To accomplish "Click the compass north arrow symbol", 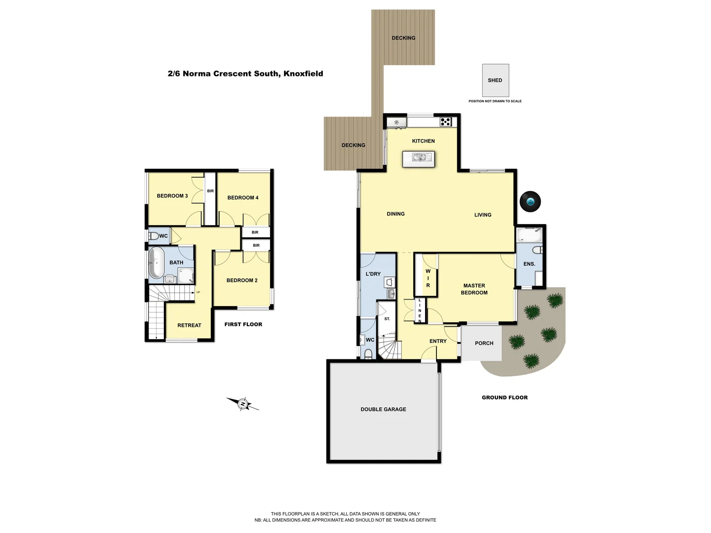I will (242, 404).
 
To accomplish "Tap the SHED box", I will (495, 80).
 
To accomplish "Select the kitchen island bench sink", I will (419, 158).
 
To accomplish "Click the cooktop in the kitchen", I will (445, 121).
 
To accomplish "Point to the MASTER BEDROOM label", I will (474, 289).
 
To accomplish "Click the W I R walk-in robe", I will (428, 278).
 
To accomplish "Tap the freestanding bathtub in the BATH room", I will (157, 263).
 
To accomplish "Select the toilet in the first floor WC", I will (154, 236).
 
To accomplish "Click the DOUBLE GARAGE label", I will (383, 410).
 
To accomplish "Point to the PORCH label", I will (484, 343).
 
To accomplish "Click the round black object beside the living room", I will (530, 201).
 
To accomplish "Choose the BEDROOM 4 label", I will (242, 198).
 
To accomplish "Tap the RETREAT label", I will (189, 326).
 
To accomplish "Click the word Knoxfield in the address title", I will (303, 74).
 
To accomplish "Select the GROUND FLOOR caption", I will (505, 398).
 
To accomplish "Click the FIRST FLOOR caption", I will (243, 325).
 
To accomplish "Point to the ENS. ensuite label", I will (529, 264).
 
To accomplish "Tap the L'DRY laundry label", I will (373, 274).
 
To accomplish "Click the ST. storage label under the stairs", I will (387, 319).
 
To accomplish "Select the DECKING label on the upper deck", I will (403, 38).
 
